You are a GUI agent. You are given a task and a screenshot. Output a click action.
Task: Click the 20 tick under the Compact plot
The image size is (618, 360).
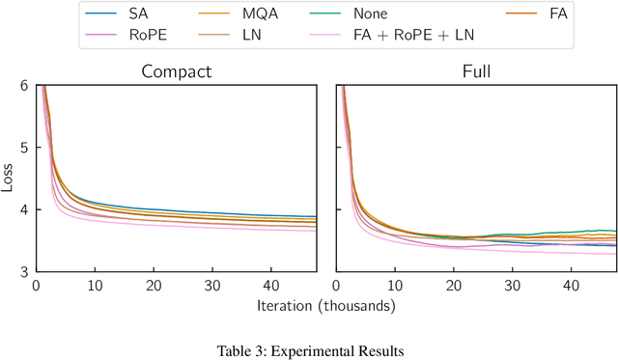click(154, 287)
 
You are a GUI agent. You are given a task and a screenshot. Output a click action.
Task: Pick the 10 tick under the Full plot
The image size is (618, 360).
click(394, 287)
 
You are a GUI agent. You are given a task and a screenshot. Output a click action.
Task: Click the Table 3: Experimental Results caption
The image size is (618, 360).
click(309, 349)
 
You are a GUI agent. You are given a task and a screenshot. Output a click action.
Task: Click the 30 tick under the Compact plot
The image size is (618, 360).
click(213, 287)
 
